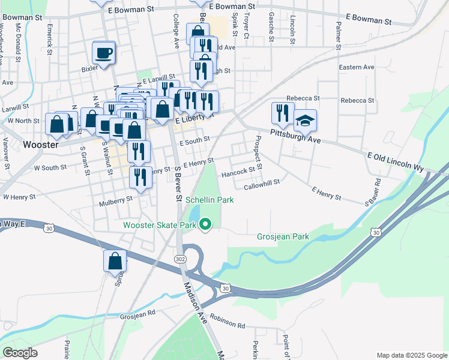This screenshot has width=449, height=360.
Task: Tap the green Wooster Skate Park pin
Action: point(206,225)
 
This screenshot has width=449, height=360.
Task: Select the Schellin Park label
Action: point(209,200)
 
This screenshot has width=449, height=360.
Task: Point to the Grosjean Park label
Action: point(283,236)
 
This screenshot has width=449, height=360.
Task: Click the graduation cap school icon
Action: point(305,121)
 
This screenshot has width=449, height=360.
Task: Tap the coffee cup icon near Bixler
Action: point(104,52)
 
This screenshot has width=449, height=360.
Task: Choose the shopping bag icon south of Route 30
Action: point(115,262)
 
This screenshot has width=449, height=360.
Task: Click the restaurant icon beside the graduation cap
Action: point(282,113)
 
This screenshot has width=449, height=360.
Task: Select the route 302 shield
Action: point(180,258)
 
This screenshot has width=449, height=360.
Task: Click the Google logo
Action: point(20,353)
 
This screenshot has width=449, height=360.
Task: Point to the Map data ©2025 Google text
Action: point(411,355)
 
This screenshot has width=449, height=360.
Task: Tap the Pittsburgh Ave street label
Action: point(295,136)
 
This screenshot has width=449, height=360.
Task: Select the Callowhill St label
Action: point(262,187)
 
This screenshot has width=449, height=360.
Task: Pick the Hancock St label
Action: point(238,172)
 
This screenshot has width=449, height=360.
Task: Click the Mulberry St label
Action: point(116,199)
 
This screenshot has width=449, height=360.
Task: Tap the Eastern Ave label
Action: point(356,67)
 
